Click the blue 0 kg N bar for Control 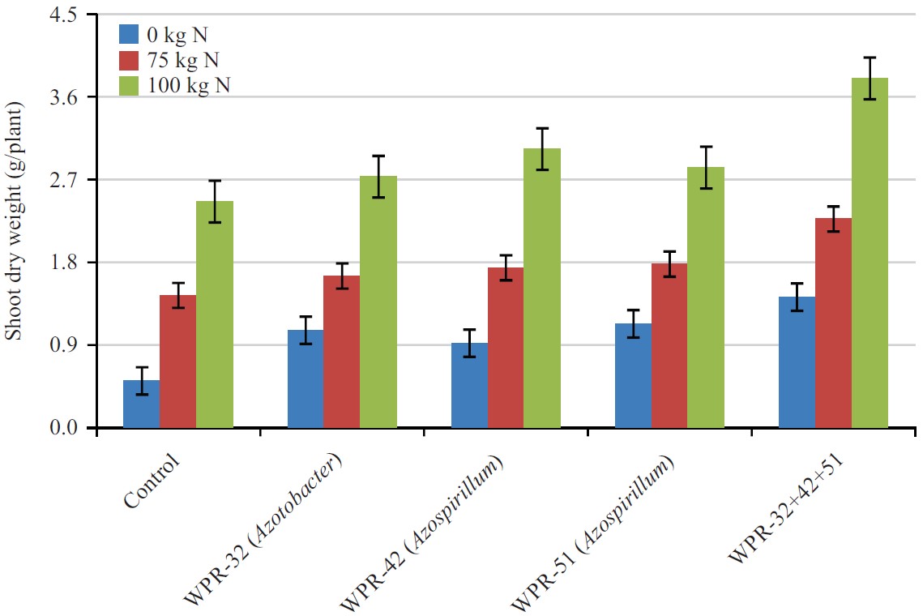point(141,404)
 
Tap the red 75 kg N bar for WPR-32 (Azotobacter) point(341,352)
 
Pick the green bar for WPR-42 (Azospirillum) point(542,288)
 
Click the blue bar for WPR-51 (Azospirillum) point(633,375)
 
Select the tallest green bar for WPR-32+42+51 point(870,253)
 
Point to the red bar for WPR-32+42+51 point(833,323)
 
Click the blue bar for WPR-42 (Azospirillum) point(469,385)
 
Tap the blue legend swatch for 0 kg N point(130,34)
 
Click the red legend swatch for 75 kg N point(130,60)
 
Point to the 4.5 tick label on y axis point(62,15)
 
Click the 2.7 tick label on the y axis point(62,180)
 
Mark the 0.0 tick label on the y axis point(62,428)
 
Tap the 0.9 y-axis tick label point(62,345)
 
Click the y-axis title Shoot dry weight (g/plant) point(15,221)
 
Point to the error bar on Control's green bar point(215,201)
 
